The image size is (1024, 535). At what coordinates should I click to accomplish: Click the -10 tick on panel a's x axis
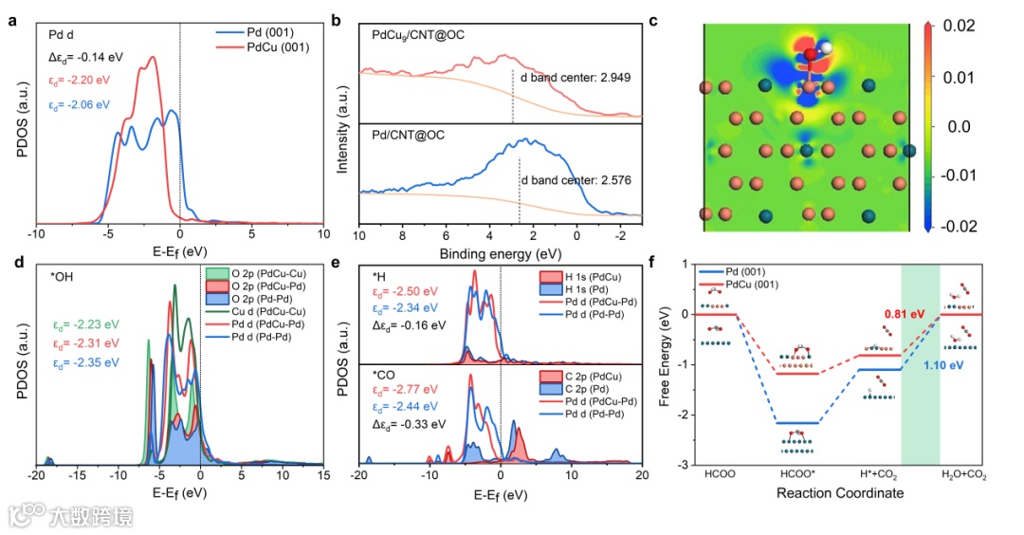pyautogui.click(x=36, y=233)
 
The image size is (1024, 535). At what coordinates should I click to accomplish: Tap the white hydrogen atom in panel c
pyautogui.click(x=826, y=46)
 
